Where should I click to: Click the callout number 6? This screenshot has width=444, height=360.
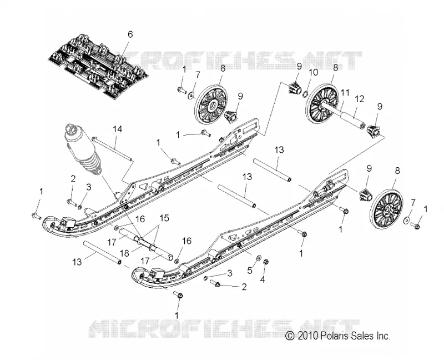130,34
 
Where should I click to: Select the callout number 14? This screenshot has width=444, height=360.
117,129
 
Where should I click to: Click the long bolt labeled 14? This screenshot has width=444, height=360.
113,149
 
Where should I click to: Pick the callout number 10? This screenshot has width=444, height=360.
313,73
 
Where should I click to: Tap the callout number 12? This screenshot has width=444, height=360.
359,99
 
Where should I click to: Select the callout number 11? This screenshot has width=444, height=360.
345,92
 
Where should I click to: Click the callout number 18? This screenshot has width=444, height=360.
124,253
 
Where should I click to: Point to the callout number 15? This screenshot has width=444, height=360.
164,218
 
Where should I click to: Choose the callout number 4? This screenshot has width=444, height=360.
263,279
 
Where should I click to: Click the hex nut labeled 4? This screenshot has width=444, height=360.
266,262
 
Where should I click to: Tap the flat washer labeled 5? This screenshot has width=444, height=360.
259,258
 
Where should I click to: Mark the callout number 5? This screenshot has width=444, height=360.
250,270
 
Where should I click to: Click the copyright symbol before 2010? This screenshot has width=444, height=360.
290,336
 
